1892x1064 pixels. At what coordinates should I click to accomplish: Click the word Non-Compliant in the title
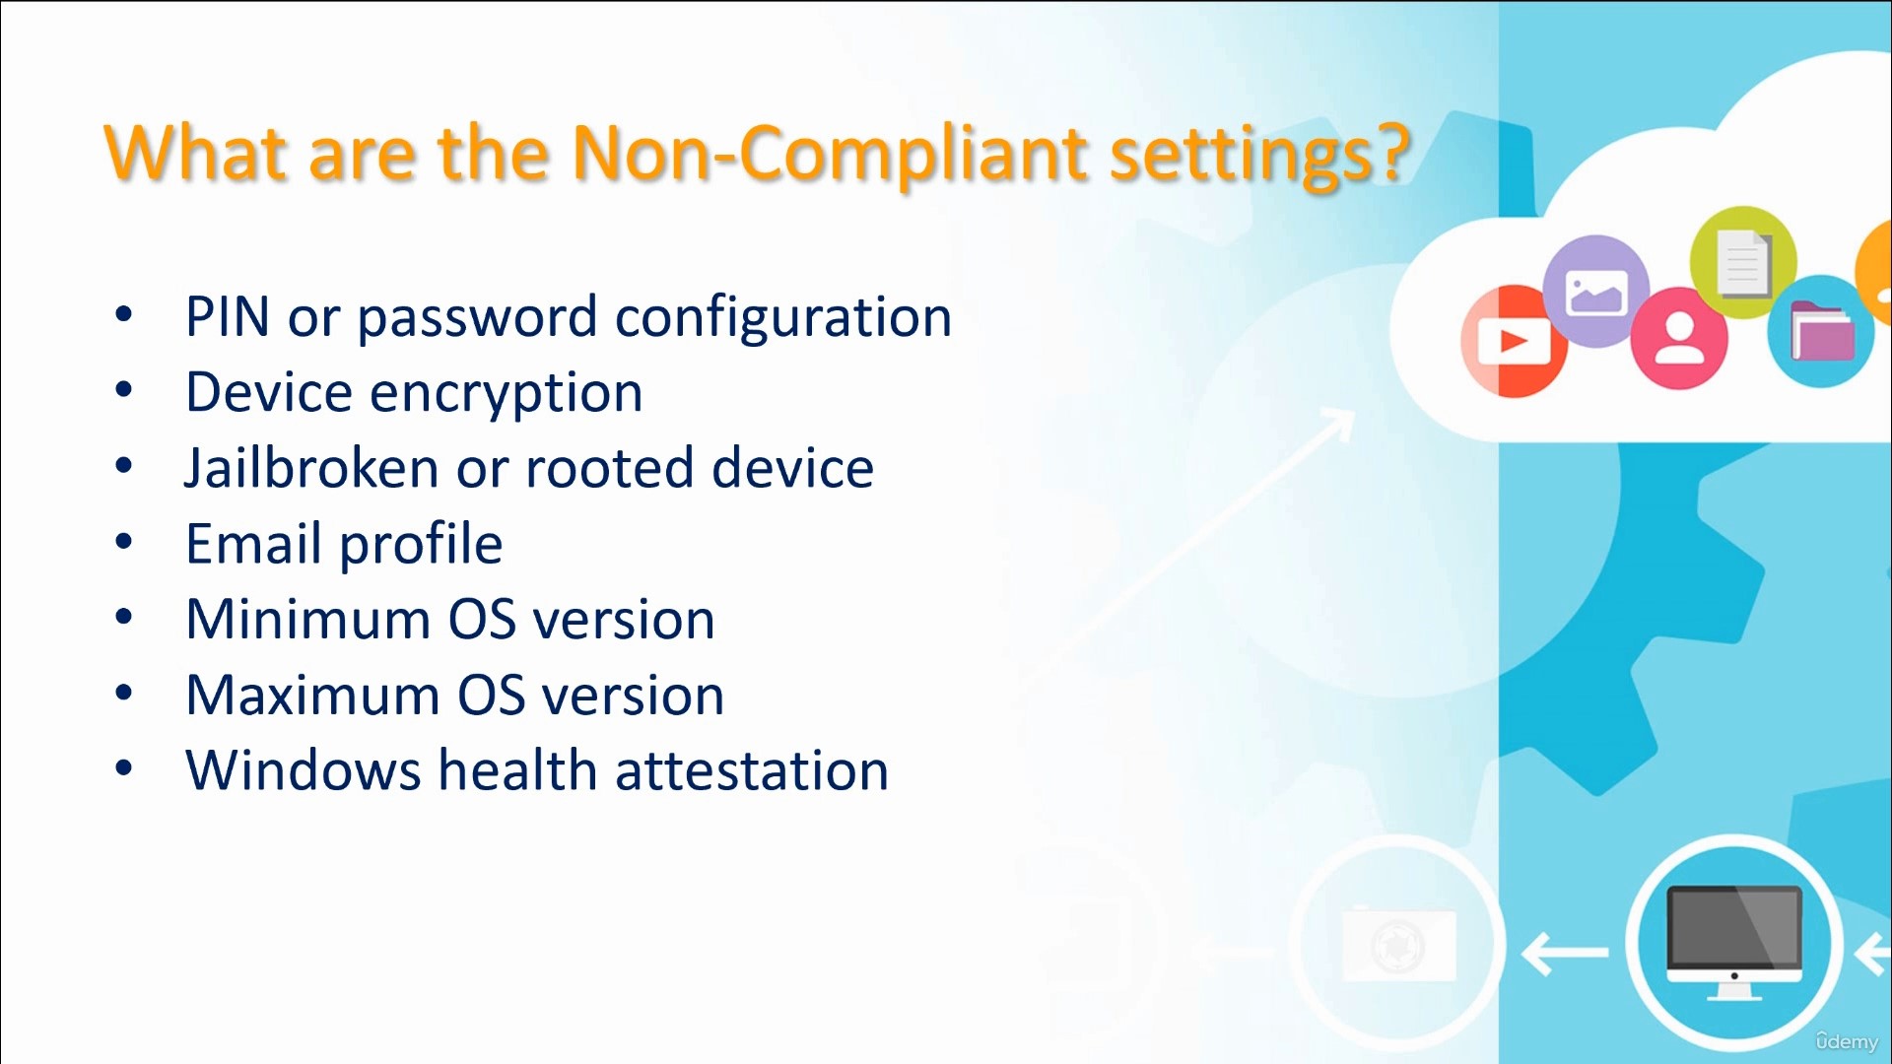830,154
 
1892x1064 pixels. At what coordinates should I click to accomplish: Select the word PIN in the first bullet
228,317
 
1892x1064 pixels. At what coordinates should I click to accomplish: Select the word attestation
752,770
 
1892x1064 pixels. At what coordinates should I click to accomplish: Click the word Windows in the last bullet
304,770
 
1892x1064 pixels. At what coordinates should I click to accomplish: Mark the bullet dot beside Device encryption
123,390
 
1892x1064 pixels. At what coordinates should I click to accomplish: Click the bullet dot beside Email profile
123,541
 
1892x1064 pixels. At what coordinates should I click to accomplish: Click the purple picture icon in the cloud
1596,292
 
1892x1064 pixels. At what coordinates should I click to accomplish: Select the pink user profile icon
1679,338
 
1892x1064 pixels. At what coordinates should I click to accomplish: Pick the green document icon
1742,261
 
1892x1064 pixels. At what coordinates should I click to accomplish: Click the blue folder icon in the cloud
1820,331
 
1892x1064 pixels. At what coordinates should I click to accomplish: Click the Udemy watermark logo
1847,1040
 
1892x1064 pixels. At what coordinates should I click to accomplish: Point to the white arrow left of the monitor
1565,952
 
